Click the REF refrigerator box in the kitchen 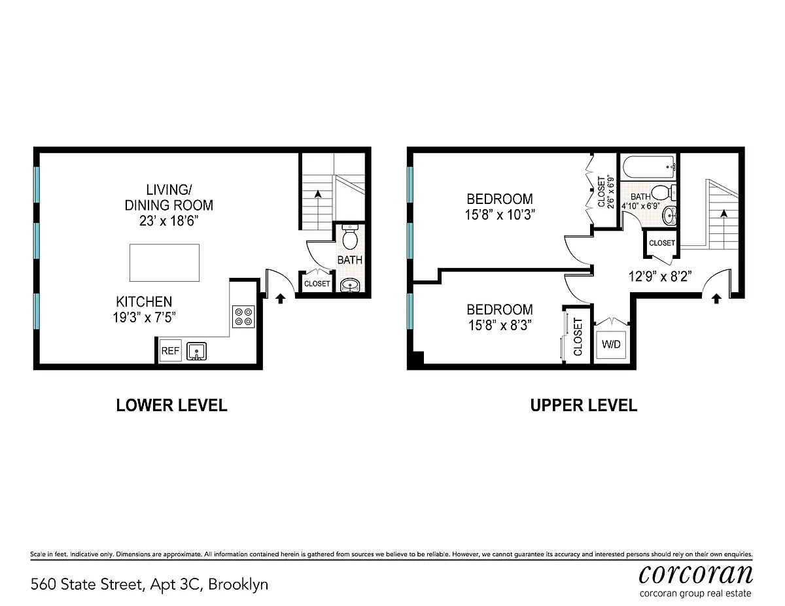point(170,350)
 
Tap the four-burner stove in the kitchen point(243,316)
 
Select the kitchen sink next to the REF point(196,351)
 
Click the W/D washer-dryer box point(611,345)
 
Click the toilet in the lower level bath point(350,237)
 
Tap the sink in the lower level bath point(350,286)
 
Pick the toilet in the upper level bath point(664,193)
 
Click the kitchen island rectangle point(164,263)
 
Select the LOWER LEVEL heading point(171,405)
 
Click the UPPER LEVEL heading point(584,405)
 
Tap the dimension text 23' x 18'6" point(169,220)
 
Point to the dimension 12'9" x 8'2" point(660,277)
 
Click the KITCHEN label point(144,301)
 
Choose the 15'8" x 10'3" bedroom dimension point(500,215)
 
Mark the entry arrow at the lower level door point(281,299)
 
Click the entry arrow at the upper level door point(717,299)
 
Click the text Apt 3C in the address point(175,584)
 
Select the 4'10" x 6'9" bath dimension point(640,206)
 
